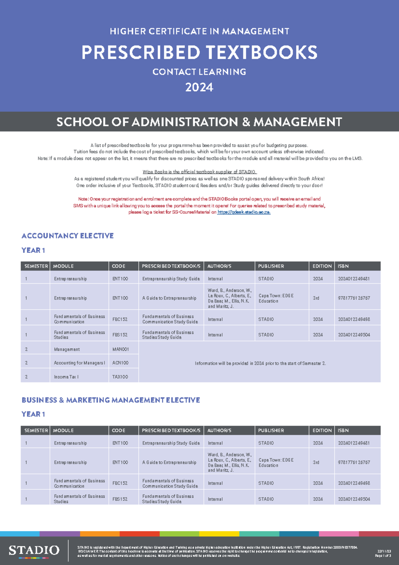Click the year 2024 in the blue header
pos(199,87)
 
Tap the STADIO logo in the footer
pos(34,550)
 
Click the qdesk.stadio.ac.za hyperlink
pos(244,212)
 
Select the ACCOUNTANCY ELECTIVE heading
pos(67,236)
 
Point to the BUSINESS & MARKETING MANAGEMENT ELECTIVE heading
pos(111,400)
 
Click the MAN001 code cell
pos(120,349)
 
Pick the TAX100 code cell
pos(120,377)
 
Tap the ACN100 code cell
pos(120,363)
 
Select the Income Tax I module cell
pos(66,377)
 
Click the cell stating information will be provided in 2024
pos(260,363)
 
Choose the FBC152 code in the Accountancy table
pos(120,319)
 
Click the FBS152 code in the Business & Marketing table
pos(120,499)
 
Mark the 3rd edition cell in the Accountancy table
pos(316,298)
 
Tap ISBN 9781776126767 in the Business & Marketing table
pos(354,462)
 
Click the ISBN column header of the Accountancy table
pos(343,266)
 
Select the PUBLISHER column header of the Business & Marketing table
pos(271,430)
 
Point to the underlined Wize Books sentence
pos(199,172)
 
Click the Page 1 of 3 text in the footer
pos(383,556)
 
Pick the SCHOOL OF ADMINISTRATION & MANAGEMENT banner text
pos(199,122)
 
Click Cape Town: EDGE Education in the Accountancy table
pos(276,298)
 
